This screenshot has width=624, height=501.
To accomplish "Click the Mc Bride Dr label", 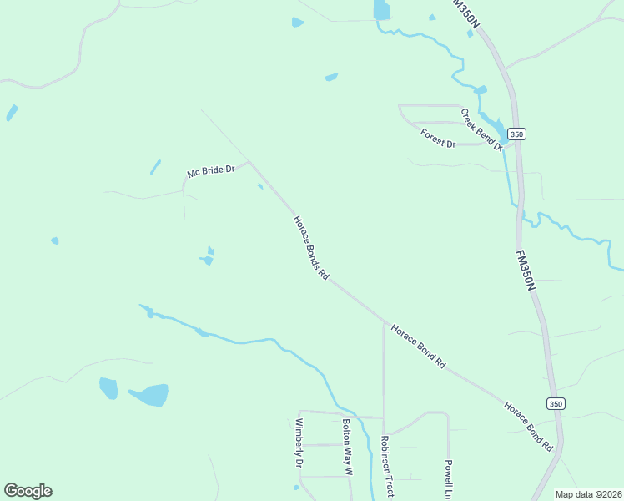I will [x=212, y=172].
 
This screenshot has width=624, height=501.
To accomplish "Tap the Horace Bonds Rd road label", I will [x=311, y=248].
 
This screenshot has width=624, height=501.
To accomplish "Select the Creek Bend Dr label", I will [x=482, y=130].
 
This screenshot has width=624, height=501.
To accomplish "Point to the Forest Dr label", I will [x=438, y=139].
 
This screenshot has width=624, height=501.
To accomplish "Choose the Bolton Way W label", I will [x=347, y=447].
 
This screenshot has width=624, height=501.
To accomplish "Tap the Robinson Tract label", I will [x=386, y=466].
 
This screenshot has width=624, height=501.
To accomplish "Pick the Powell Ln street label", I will [x=448, y=473].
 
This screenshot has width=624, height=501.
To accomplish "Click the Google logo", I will [x=28, y=491].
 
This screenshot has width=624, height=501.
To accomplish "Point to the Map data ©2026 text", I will [x=588, y=494].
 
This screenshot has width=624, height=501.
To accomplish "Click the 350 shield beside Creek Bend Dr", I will [x=517, y=134].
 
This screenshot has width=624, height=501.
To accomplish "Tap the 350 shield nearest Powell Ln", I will [x=556, y=403].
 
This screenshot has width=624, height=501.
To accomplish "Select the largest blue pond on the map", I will [x=148, y=395].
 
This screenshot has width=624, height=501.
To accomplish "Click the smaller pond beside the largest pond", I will [x=108, y=388].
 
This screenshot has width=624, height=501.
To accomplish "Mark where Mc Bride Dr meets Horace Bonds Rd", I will [x=249, y=163].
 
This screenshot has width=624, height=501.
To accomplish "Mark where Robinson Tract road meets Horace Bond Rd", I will [x=384, y=321].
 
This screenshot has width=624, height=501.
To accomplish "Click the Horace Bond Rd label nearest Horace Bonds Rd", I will [x=419, y=347].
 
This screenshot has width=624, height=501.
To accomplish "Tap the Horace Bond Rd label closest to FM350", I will [x=529, y=426].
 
